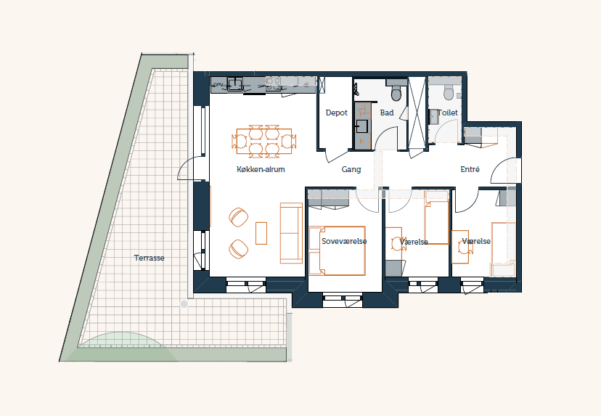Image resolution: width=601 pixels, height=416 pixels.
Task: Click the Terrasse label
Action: coord(149,258)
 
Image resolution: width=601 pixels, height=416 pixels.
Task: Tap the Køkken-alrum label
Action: coord(261,169)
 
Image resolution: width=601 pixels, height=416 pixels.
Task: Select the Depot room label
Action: coord(337,113)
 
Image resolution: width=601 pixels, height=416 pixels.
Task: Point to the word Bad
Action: coord(387,113)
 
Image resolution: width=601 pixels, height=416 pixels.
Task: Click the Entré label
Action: coord(470,169)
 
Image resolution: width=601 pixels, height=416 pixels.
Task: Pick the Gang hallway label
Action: coord(351,169)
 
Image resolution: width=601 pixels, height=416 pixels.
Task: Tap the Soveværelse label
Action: coord(344,241)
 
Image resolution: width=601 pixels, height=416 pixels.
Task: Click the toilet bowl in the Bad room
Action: coord(397,92)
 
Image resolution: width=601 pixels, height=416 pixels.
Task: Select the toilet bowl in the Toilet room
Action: coord(449,92)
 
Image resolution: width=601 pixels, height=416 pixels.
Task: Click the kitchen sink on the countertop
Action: coord(235,84)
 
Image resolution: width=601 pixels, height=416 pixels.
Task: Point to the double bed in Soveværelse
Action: coord(338,250)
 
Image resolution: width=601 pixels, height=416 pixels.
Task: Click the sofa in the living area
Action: coord(291,233)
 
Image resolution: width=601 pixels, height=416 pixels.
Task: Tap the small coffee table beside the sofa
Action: coord(261,233)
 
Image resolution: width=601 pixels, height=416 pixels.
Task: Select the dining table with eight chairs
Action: coord(264,142)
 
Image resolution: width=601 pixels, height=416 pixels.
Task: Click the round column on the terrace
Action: coord(184,304)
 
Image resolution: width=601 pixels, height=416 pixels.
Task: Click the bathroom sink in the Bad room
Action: coord(361,126)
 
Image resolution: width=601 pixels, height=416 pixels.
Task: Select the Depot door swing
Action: coord(337,156)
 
